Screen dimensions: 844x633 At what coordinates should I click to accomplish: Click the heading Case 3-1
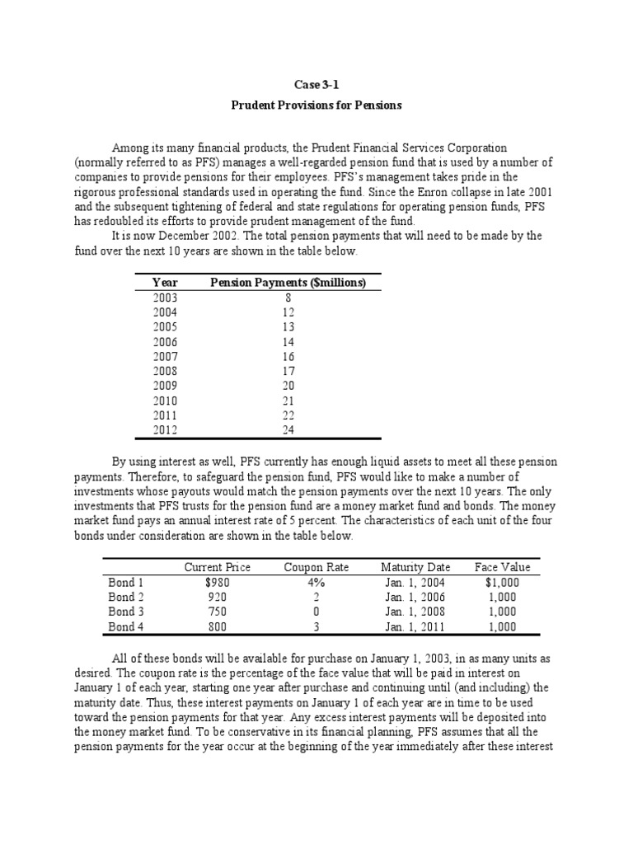click(x=316, y=84)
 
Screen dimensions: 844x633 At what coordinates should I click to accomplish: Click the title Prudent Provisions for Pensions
click(x=316, y=105)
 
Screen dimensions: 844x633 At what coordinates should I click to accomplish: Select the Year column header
click(x=166, y=283)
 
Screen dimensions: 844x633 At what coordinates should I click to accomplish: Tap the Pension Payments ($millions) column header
click(x=288, y=283)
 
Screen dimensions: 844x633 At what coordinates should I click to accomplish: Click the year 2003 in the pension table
click(x=165, y=298)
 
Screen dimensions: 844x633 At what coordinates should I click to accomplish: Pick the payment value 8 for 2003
click(x=288, y=298)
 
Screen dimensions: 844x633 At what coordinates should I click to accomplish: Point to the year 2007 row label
click(x=165, y=357)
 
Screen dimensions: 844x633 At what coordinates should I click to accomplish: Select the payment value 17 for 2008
click(x=288, y=372)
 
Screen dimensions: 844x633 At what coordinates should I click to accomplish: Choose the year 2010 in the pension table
click(x=165, y=401)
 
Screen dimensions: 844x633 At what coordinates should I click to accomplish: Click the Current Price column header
click(x=217, y=567)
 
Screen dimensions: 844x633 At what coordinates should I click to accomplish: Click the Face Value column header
click(x=502, y=567)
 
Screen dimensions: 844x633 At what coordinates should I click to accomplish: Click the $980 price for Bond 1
click(x=217, y=582)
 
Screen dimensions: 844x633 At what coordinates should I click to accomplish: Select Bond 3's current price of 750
click(x=217, y=612)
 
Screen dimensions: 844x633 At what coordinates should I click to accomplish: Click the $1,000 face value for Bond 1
click(x=502, y=582)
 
